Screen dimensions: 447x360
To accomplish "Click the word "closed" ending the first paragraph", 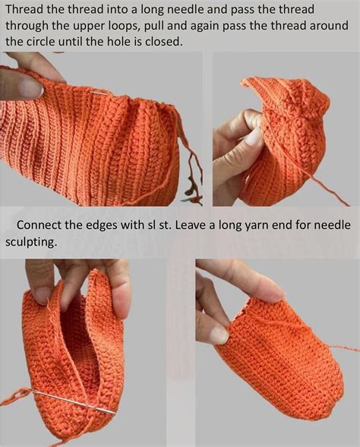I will pos(164,42).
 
